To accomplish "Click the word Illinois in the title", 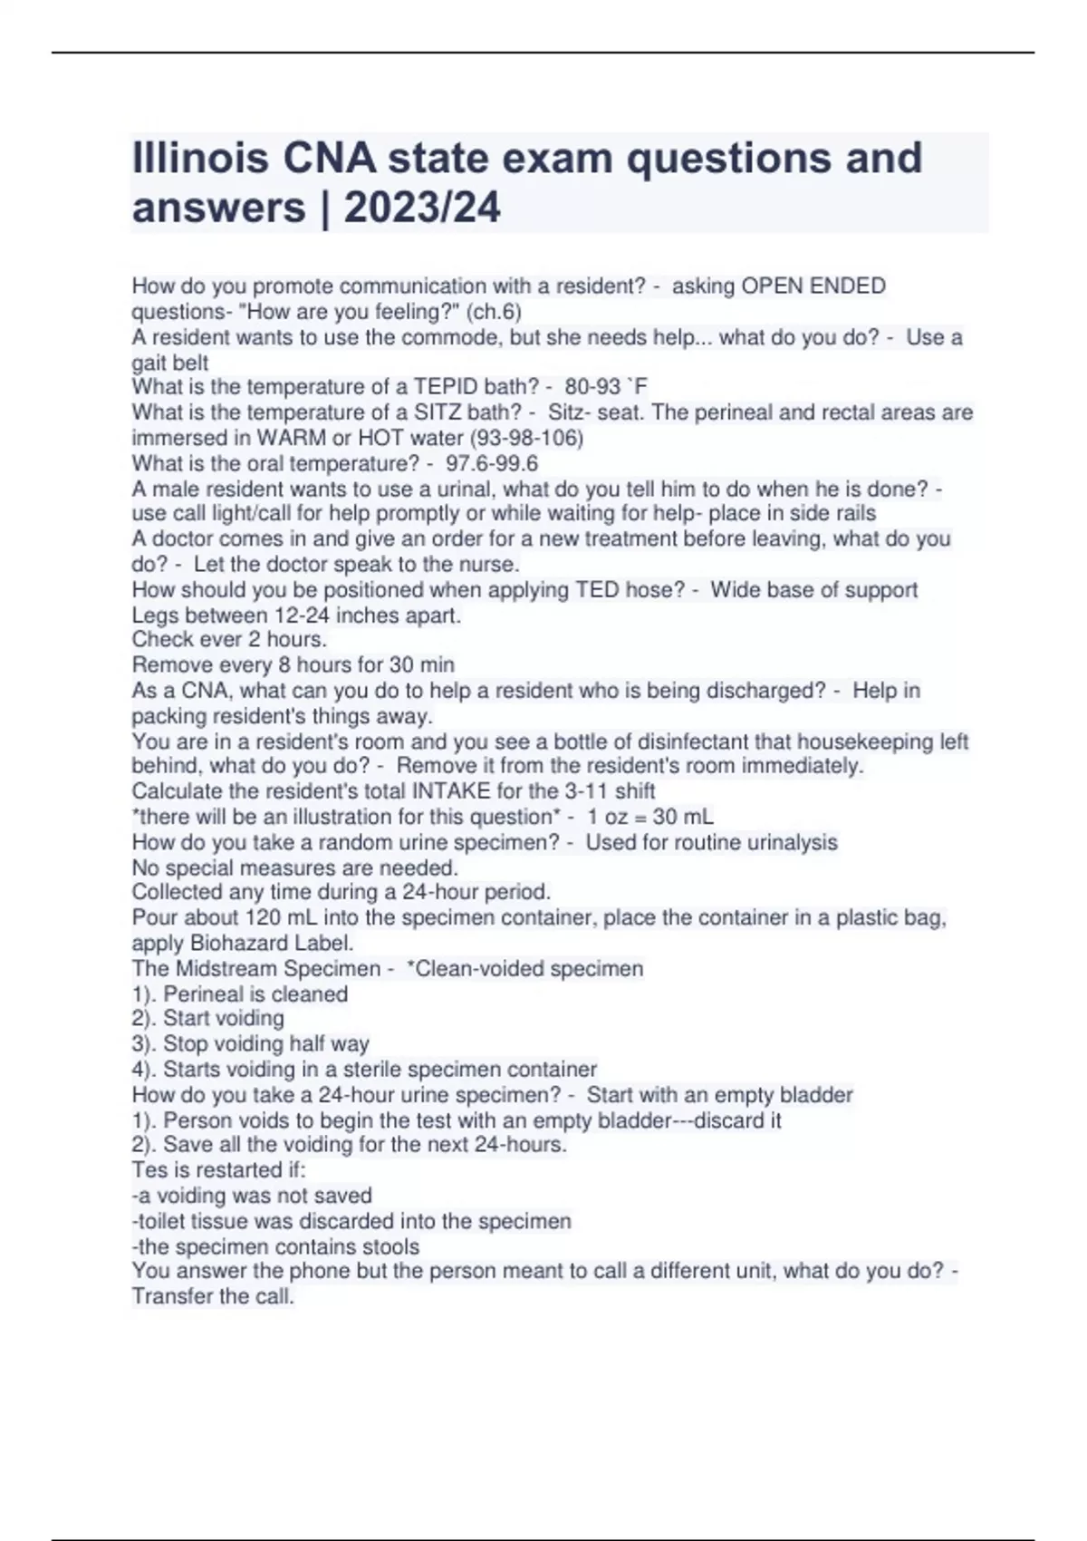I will pyautogui.click(x=200, y=158).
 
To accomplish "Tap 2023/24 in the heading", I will pyautogui.click(x=422, y=208).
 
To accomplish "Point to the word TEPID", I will pyautogui.click(x=446, y=387).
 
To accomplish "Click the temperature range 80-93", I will pyautogui.click(x=592, y=387).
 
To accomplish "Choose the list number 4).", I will pyautogui.click(x=144, y=1070).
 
